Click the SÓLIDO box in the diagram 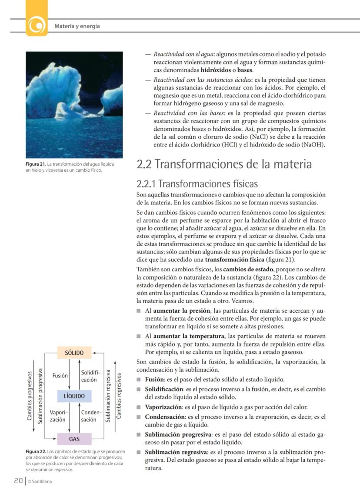(x=74, y=353)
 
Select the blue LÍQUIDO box (x=74, y=396)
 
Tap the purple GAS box (x=74, y=439)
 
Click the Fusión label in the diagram (x=59, y=375)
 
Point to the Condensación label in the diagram (x=91, y=416)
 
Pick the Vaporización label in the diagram (x=58, y=416)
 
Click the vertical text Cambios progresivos (x=30, y=395)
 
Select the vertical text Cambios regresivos (x=119, y=395)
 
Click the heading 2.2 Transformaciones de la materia (x=224, y=164)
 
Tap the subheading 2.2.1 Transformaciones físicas (x=197, y=183)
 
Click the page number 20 (x=18, y=480)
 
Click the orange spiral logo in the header (x=37, y=25)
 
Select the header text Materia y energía (x=77, y=26)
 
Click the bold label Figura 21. (x=36, y=164)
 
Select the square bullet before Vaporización (x=139, y=407)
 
